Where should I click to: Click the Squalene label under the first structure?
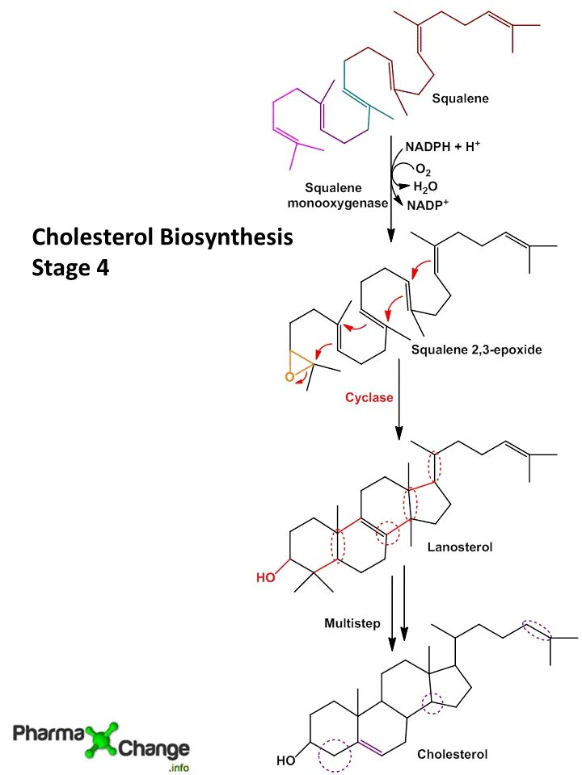coord(460,99)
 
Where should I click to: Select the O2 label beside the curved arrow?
coord(424,170)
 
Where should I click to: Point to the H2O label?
coord(425,186)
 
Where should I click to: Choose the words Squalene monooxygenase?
coord(338,195)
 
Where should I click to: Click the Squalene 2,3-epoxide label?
coord(476,350)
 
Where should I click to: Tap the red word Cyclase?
coord(369,397)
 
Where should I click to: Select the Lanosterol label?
coord(459,547)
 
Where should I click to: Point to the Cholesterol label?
coord(453,754)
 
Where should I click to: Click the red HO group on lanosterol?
coord(265,577)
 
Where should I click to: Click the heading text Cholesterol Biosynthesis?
coord(162,238)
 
